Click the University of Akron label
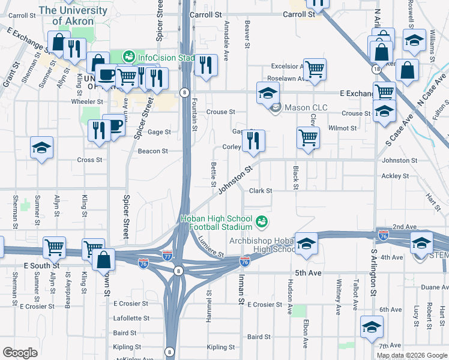74,16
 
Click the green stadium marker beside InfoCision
128,57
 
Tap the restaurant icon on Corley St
253,141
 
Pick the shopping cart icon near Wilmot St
308,137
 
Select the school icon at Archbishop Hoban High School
306,244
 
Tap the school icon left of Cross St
42,148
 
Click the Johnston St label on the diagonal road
233,181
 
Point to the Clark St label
261,191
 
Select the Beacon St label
152,151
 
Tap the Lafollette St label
131,318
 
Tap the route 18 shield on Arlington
376,70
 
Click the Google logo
20,353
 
